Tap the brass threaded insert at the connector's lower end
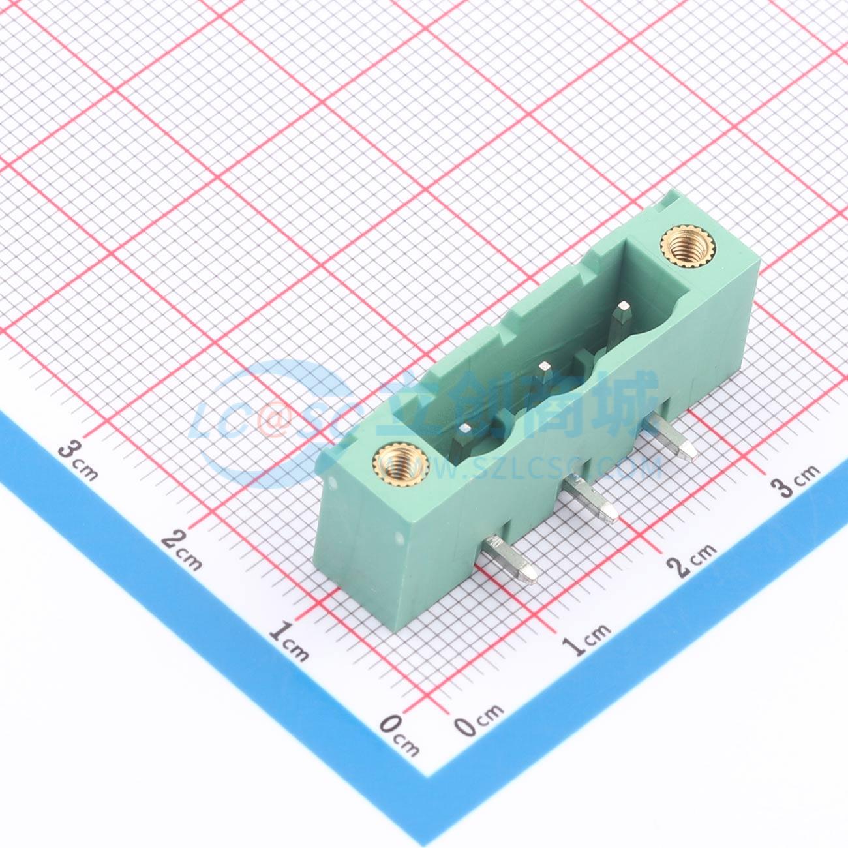coord(401,464)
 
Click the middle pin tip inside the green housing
coord(545,365)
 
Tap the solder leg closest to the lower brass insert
coord(511,560)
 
